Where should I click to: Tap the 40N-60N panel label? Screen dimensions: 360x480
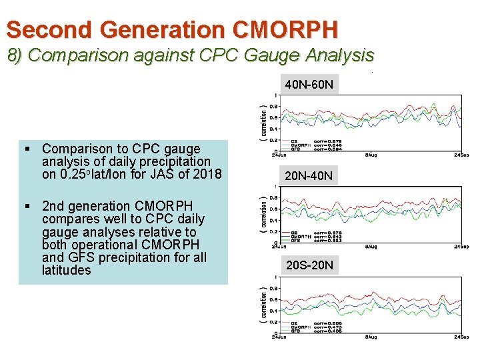point(311,85)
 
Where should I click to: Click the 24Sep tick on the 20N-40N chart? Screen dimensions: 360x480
point(461,246)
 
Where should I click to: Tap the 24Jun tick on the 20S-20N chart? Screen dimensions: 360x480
point(279,337)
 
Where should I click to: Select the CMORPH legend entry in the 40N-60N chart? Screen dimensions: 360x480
point(299,145)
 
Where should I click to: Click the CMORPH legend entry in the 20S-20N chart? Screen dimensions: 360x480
point(299,327)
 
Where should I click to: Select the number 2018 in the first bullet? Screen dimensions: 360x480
point(207,174)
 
